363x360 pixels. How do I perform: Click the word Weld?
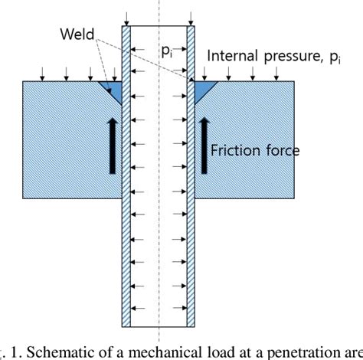pyautogui.click(x=77, y=35)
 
